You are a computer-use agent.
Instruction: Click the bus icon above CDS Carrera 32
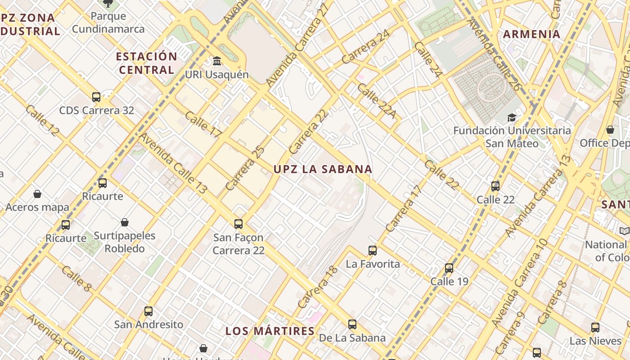96,97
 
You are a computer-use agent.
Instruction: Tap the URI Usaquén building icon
217,61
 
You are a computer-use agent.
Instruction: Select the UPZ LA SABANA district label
323,169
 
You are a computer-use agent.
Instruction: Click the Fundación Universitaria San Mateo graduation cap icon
512,117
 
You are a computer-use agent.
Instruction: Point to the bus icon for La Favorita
373,251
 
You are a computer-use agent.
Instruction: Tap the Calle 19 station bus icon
449,268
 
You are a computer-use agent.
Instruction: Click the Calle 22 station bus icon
495,186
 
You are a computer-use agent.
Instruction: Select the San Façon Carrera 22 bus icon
238,224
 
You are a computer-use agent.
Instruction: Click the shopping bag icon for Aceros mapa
37,194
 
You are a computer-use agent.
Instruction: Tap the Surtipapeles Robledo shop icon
125,222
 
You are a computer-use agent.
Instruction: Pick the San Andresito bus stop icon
148,311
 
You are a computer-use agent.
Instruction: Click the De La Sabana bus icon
352,324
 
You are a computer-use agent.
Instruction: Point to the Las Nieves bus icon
595,327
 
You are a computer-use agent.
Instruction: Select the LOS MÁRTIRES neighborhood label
270,331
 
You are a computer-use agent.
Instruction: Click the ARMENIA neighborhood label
531,34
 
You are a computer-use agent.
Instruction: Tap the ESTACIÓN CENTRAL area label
146,63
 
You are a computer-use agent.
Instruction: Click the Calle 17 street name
203,124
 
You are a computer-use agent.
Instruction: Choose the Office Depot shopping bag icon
610,130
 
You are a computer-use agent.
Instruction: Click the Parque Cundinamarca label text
108,22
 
